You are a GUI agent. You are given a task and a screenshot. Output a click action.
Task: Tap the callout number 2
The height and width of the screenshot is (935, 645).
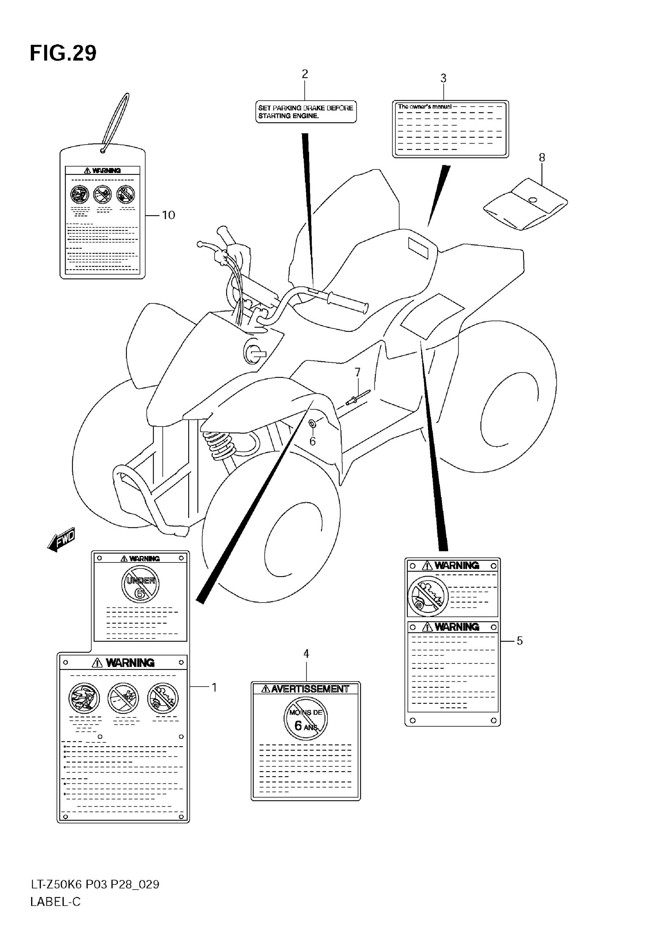pos(305,74)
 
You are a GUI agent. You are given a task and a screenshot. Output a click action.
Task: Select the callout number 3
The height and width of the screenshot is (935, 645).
pos(443,79)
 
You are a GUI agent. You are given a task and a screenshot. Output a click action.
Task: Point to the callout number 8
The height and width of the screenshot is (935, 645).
pos(542,158)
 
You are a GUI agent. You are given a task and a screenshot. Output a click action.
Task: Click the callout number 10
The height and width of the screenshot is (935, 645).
pos(168,215)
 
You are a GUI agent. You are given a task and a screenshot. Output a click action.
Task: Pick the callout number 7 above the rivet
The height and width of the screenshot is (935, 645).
pos(357,372)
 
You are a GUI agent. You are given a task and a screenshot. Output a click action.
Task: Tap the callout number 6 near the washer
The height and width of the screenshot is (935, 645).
pos(312,441)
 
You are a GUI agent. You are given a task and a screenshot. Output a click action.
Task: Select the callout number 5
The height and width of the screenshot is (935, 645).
pos(520,641)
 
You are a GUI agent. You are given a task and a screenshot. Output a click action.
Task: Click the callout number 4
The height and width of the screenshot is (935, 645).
pos(306,654)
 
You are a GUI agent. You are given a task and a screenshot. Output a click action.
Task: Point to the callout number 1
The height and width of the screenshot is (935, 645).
pos(215,687)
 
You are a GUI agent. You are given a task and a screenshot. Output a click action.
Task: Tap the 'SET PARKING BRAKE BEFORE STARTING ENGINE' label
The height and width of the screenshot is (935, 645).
pos(305,112)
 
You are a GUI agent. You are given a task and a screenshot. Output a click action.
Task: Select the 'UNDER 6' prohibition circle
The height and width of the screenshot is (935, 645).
pos(140,584)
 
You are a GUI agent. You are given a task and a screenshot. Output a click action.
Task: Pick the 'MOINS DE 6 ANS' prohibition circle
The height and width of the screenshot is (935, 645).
pos(305,718)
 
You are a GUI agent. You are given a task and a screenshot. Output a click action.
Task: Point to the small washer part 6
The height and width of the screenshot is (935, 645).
pos(312,423)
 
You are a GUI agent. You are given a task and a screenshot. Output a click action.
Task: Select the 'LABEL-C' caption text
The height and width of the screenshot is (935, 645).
pos(55,902)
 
